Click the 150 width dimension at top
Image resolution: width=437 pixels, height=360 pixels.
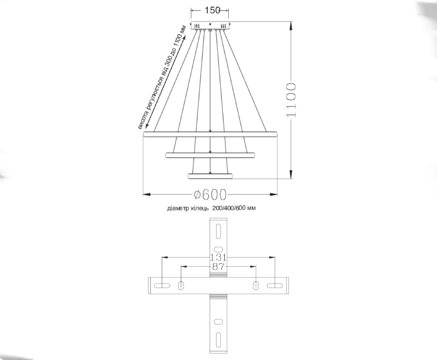(x=212, y=10)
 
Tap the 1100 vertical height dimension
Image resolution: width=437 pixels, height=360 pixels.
(x=291, y=100)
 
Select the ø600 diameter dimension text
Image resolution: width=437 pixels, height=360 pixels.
(x=210, y=195)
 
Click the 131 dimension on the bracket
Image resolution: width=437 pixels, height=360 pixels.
(x=218, y=257)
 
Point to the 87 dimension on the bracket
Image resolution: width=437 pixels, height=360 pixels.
(x=218, y=267)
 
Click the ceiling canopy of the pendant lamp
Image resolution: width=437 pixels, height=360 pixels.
(x=210, y=25)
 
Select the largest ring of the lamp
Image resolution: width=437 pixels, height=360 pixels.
(x=210, y=134)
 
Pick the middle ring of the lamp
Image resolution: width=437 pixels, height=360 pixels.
(x=210, y=155)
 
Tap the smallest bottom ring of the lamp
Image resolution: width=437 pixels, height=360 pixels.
(x=210, y=176)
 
